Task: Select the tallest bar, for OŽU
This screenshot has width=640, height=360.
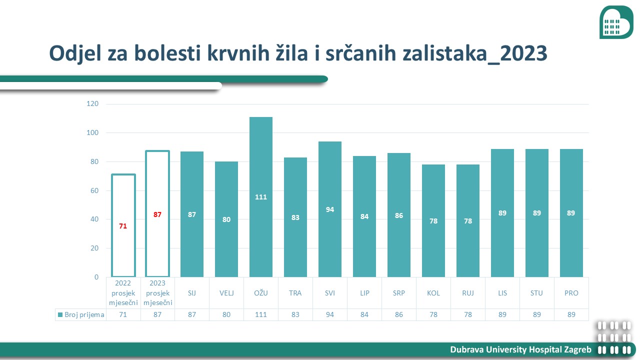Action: point(261,197)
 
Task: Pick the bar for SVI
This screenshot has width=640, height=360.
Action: point(330,209)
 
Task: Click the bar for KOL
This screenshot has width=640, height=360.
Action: point(433,220)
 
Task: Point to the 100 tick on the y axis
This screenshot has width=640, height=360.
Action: point(92,132)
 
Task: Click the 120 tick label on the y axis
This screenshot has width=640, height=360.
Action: point(92,103)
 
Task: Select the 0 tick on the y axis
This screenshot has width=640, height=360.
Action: point(96,277)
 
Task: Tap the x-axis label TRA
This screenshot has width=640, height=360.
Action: point(295,293)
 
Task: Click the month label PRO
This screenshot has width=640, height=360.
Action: point(571,293)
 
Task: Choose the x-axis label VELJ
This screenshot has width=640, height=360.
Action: point(226,293)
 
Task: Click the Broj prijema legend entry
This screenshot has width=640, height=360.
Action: point(81,314)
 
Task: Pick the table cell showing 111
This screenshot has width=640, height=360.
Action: point(261,314)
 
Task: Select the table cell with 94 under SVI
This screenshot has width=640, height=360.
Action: point(330,314)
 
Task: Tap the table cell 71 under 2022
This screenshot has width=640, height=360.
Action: point(123,314)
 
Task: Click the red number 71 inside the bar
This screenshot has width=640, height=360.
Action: point(123,226)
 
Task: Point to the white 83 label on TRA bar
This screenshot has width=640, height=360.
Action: point(295,217)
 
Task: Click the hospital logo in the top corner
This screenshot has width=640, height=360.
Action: point(616,22)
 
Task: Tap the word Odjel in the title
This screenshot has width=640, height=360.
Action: point(75,53)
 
